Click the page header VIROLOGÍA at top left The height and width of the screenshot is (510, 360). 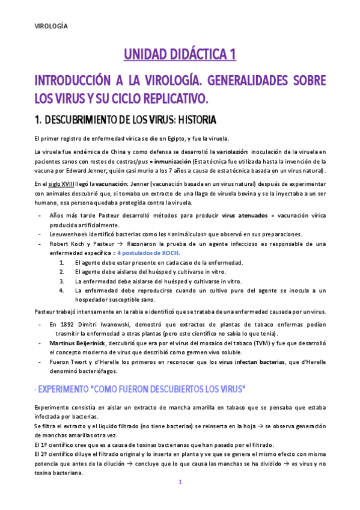(x=50, y=26)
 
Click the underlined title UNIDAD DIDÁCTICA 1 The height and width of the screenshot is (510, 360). (x=180, y=55)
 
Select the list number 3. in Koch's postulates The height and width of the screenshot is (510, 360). (x=62, y=281)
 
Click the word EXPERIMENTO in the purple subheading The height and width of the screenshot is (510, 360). (x=66, y=390)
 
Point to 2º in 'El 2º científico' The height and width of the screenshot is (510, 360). (x=46, y=455)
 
